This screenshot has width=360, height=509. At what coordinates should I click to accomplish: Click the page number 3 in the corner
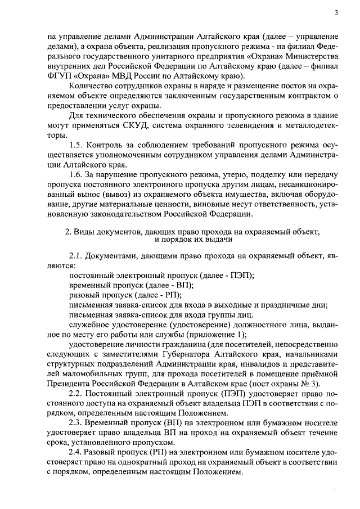point(335,13)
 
